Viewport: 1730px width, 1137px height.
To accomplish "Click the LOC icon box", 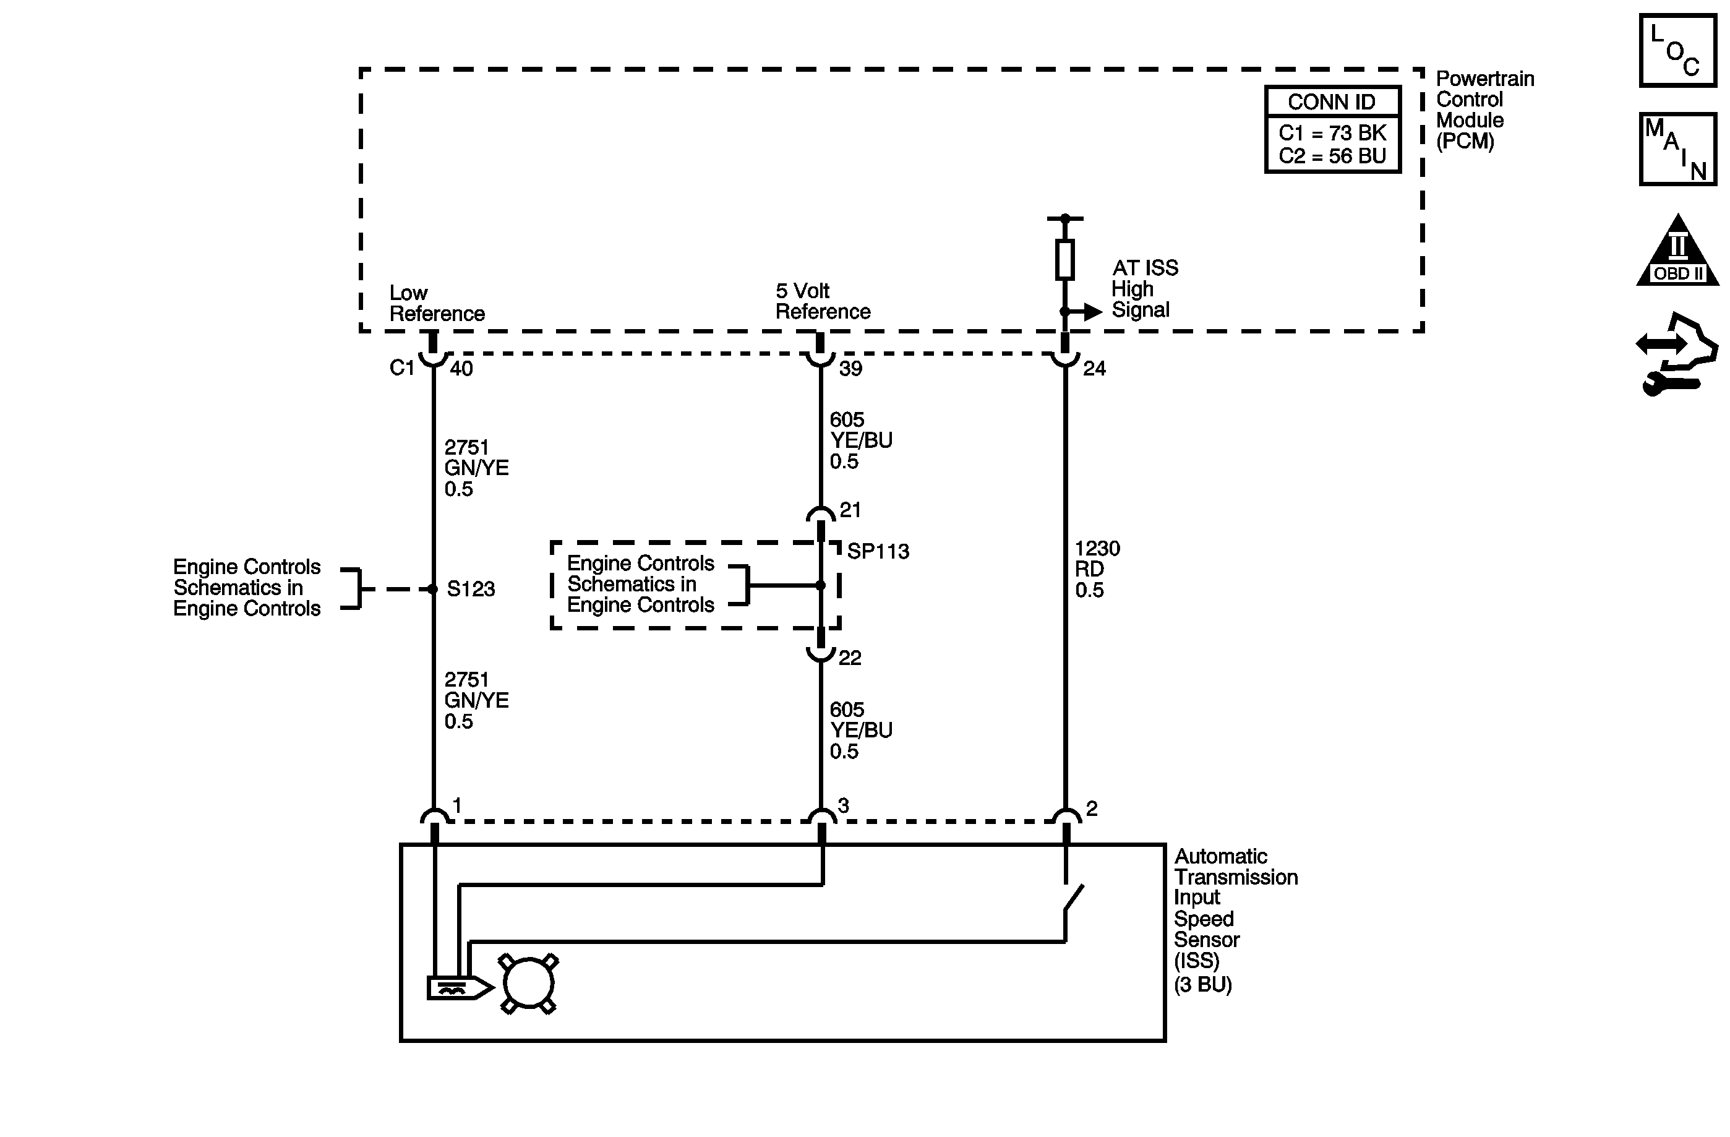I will [x=1677, y=51].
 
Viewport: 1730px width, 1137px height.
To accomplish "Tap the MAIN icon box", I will [x=1677, y=148].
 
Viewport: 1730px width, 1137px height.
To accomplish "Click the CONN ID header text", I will [x=1332, y=103].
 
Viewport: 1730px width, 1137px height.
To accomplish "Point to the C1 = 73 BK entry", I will [x=1332, y=133].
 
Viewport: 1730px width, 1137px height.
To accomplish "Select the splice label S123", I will [x=470, y=589].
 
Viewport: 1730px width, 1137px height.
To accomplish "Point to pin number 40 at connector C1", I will [x=461, y=369].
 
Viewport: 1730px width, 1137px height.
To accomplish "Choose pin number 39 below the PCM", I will [x=850, y=369].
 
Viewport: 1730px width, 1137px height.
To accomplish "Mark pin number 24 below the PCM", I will [x=1094, y=369].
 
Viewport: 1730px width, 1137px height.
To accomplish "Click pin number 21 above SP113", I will [x=850, y=510].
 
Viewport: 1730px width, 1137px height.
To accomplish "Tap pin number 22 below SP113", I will [x=850, y=658].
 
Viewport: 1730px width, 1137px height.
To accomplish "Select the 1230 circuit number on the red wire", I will [x=1097, y=548].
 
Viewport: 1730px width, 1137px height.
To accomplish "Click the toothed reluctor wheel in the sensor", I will [x=528, y=984].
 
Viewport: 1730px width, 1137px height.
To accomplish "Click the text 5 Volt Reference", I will [x=822, y=301].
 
